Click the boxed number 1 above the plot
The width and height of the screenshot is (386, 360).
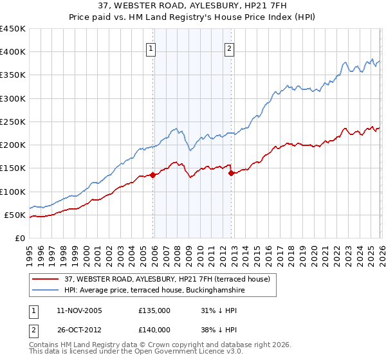(x=151, y=48)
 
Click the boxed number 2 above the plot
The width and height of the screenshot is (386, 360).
(x=229, y=48)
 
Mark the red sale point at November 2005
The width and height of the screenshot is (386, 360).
(x=152, y=175)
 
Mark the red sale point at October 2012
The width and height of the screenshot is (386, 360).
(x=232, y=173)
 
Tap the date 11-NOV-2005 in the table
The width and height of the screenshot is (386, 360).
(x=79, y=310)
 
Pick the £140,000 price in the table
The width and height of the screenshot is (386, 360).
(x=154, y=329)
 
